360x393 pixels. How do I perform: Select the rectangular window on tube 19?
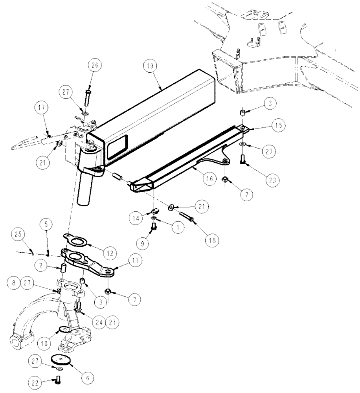(117, 145)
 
